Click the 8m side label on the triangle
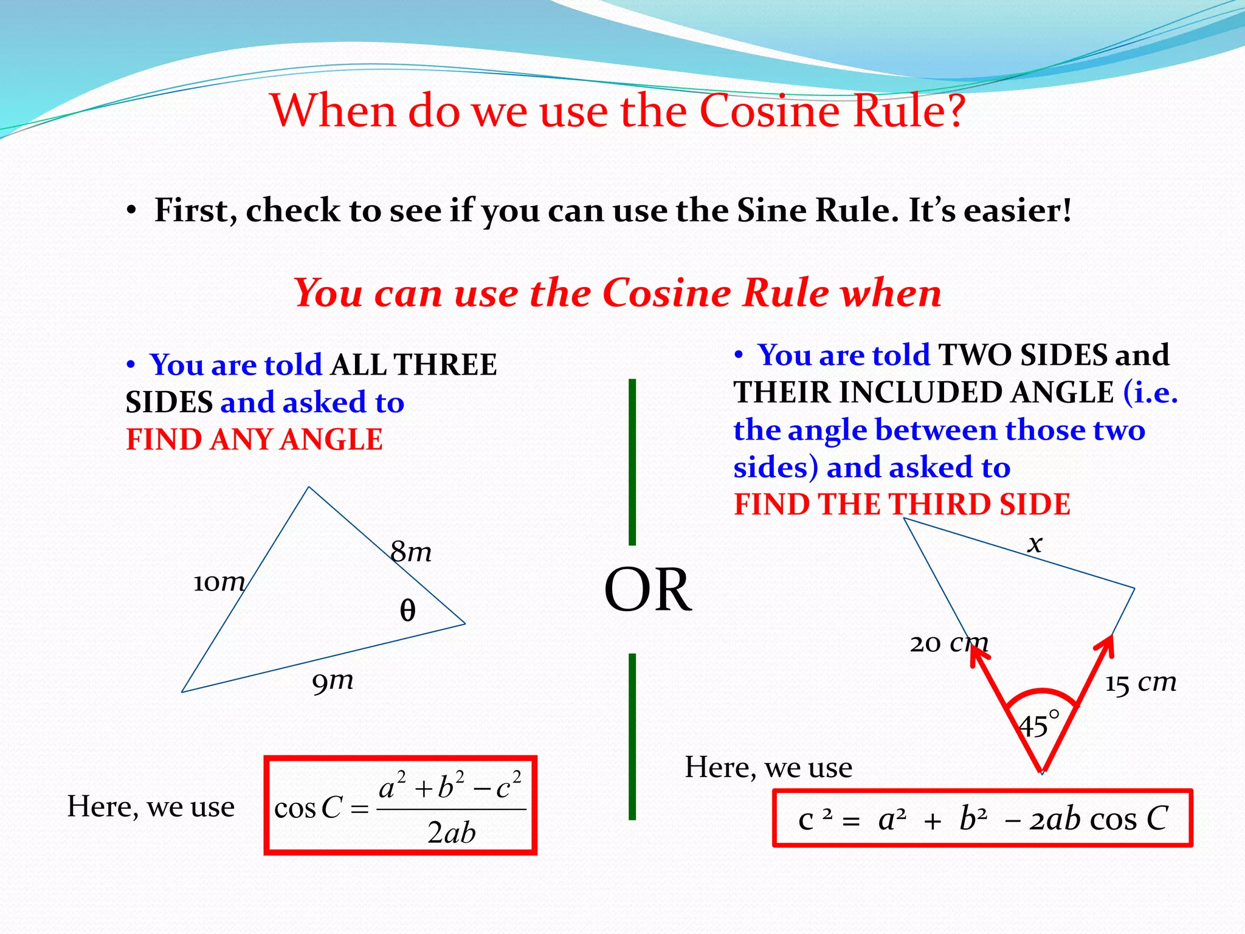pos(411,552)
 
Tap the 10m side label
pos(219,583)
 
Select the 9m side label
pos(333,681)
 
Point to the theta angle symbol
pos(407,610)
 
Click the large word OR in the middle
pos(647,590)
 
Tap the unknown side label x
pos(1035,543)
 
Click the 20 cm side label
pos(949,643)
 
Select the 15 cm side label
pos(1140,682)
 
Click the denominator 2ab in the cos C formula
pos(451,832)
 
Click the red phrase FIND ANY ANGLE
pos(254,440)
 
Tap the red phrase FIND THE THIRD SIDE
pos(902,505)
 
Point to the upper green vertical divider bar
pos(632,462)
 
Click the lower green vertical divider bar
pos(632,736)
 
